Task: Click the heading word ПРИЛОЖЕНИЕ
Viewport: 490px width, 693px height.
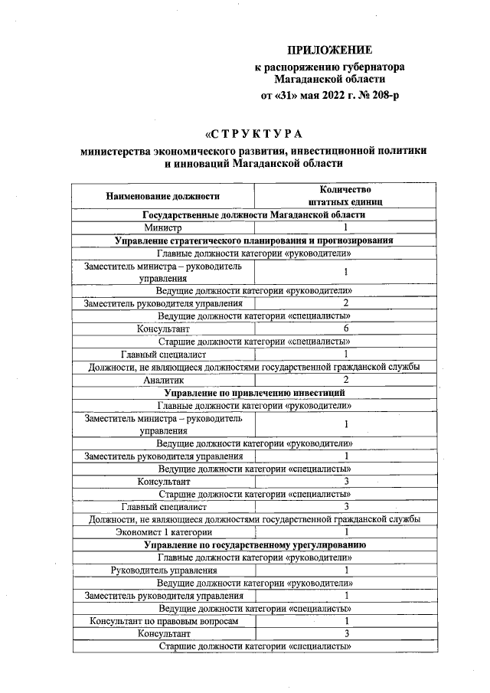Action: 329,51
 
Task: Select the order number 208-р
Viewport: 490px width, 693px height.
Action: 381,96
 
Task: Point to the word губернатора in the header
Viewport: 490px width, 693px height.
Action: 369,67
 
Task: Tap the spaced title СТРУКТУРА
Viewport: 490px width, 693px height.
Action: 253,134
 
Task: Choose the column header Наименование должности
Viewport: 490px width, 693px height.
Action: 163,196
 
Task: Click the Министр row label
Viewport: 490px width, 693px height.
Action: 163,228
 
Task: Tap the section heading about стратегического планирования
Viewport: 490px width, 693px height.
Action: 253,240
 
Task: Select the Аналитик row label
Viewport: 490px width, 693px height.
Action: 163,380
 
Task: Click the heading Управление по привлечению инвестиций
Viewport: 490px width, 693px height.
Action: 253,392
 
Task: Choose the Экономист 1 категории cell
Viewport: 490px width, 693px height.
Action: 163,531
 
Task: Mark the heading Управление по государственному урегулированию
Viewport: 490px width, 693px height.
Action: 253,544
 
